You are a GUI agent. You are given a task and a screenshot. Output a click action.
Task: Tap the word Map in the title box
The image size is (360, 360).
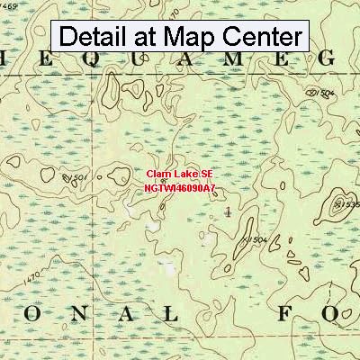click(x=195, y=37)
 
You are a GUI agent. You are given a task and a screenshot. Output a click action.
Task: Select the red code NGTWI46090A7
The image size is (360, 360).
click(x=179, y=189)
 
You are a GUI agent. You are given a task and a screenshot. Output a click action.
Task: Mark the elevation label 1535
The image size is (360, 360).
click(x=346, y=205)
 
